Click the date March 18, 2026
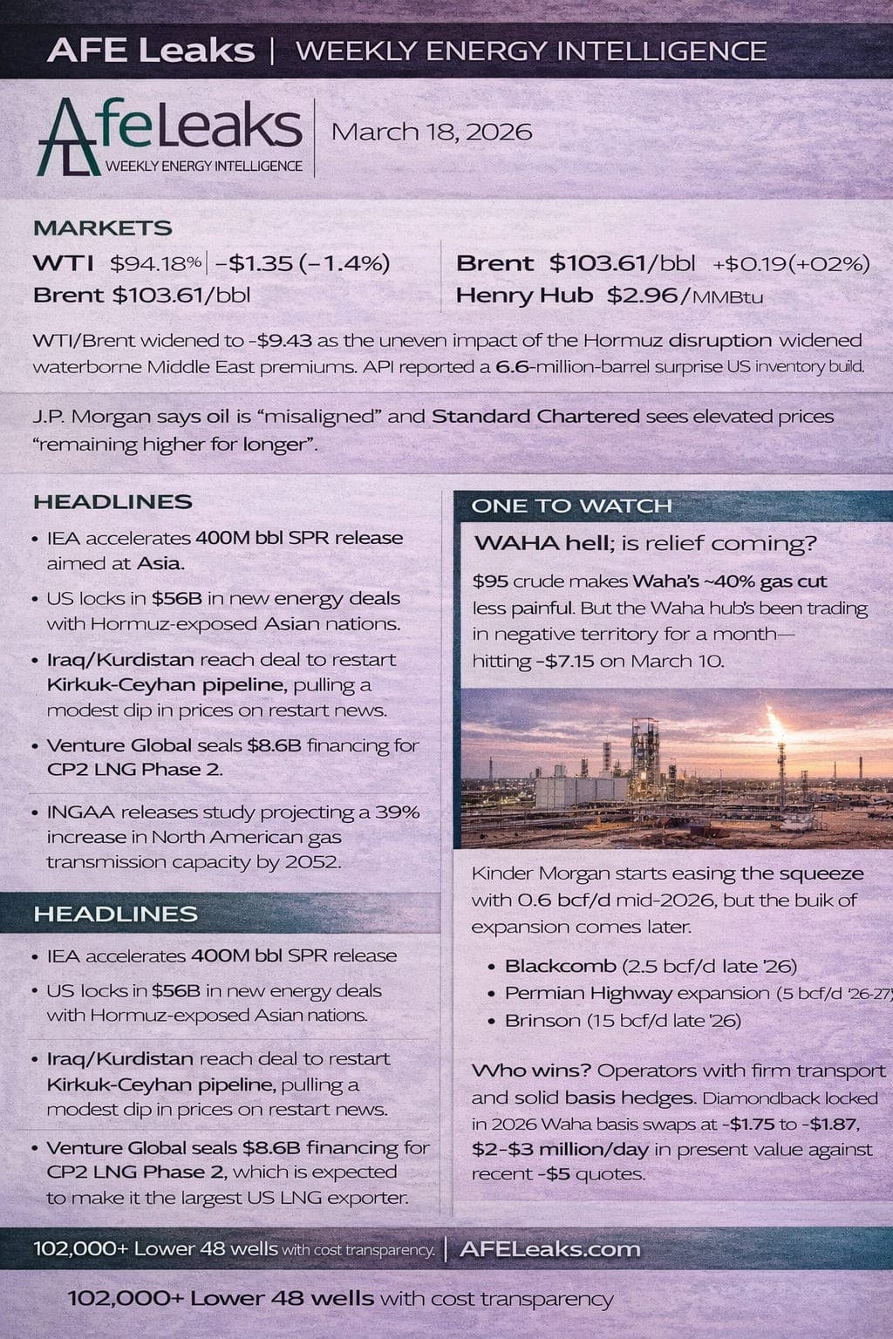click(432, 133)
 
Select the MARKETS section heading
click(102, 228)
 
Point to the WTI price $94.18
click(155, 263)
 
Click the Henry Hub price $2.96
click(642, 296)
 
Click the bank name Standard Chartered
click(535, 417)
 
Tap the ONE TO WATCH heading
click(571, 506)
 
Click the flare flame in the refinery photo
click(774, 721)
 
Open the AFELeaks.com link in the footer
click(549, 1249)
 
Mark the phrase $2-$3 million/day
click(558, 1149)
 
